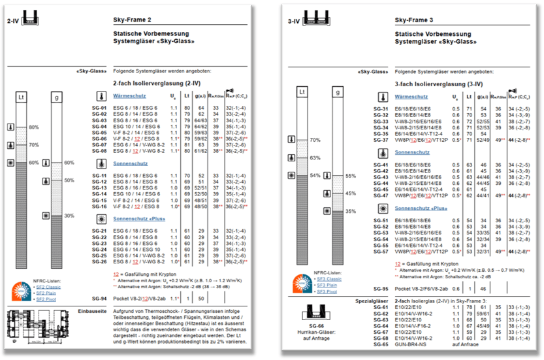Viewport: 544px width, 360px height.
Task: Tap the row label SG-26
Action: (99, 261)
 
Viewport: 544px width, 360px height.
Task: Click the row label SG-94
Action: (99, 298)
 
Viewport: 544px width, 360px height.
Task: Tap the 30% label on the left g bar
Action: (69, 216)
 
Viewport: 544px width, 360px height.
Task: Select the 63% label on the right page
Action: (314, 157)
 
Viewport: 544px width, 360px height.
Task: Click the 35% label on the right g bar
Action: (350, 211)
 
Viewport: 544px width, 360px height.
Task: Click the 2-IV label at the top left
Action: (12, 20)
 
